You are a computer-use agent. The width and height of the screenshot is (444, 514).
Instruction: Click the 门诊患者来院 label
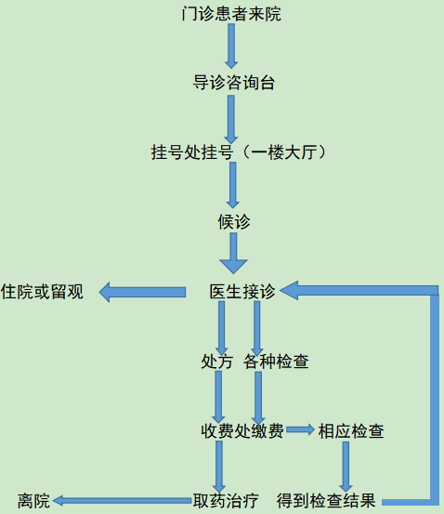(231, 14)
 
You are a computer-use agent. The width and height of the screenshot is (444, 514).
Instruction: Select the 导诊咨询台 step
(234, 83)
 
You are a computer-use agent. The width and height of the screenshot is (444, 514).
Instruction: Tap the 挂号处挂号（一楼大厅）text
(238, 152)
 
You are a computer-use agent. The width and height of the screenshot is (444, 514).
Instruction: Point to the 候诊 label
(234, 221)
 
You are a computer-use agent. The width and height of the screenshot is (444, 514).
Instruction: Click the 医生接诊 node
(242, 291)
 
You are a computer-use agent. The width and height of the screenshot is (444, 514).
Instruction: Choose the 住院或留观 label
(42, 292)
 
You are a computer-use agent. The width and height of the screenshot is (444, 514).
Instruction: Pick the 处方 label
(216, 362)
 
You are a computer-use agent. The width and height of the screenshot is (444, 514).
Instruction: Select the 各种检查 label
(276, 362)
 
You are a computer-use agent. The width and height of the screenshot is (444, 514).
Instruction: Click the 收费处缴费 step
(242, 430)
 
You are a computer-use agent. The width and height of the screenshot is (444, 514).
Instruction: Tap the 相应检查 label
(351, 430)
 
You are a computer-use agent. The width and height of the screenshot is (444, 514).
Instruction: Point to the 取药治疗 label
(226, 501)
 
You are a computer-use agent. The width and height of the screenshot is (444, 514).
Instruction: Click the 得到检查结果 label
(326, 501)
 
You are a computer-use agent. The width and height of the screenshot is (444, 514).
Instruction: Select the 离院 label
(33, 501)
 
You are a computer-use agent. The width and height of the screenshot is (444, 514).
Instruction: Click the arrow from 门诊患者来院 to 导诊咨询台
(231, 46)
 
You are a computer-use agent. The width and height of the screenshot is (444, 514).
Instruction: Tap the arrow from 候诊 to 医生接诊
(233, 253)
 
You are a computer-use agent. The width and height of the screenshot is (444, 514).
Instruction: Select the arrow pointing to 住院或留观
(142, 292)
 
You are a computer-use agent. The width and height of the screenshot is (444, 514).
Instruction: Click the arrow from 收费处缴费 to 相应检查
(300, 429)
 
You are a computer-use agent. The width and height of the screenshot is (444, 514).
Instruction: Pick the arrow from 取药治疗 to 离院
(122, 501)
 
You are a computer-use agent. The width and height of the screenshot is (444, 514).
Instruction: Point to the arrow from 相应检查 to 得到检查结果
(346, 467)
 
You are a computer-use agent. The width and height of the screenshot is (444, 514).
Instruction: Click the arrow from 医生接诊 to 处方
(221, 328)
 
